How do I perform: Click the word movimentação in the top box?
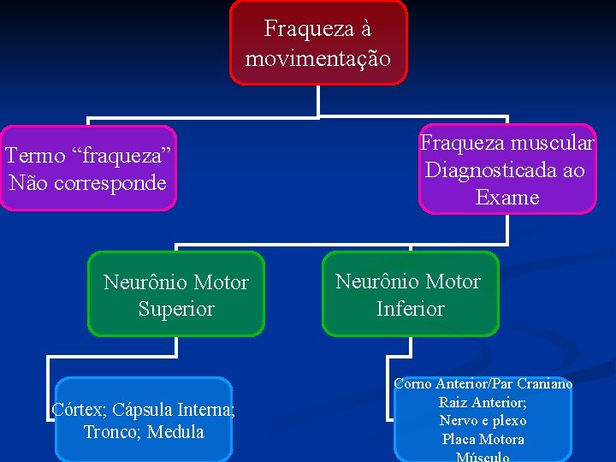(318, 59)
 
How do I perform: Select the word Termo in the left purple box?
(35, 156)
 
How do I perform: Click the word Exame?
(507, 198)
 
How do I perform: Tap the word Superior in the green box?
(176, 308)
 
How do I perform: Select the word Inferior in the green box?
(411, 308)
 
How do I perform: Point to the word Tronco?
(110, 432)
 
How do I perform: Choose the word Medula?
(175, 432)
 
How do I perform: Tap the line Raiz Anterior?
(483, 402)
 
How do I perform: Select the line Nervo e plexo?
(483, 421)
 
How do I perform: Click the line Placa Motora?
(483, 440)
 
